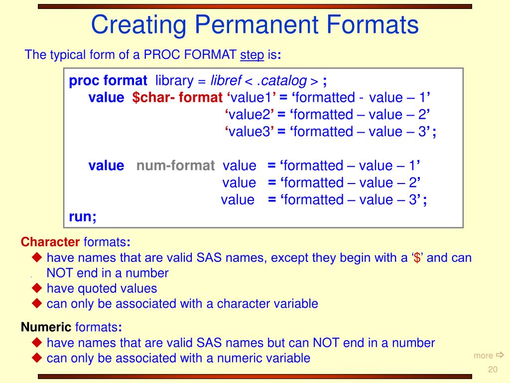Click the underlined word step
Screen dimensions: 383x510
[x=252, y=55]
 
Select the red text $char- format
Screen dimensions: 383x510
[x=177, y=98]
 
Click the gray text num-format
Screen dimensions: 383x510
[x=175, y=166]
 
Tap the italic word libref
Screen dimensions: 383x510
[x=226, y=81]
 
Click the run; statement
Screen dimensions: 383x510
[x=83, y=216]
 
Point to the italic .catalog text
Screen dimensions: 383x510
[x=283, y=81]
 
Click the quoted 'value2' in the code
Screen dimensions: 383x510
[x=249, y=115]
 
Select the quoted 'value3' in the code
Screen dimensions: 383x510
[x=249, y=132]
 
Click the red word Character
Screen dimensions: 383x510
[x=50, y=242]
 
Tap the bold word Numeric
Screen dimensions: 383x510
[x=46, y=327]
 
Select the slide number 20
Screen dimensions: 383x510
[x=493, y=370]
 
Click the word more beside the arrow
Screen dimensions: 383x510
[x=483, y=356]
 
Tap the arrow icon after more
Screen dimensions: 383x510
[x=500, y=355]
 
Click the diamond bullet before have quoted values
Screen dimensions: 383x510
[x=37, y=288]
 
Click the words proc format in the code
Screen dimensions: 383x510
[x=108, y=81]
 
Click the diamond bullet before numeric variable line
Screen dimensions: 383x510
[x=37, y=358]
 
